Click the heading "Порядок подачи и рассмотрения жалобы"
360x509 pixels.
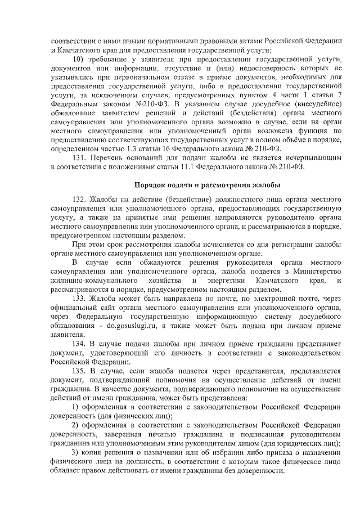pyautogui.click(x=207, y=185)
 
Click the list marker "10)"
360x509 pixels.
pyautogui.click(x=80, y=59)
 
